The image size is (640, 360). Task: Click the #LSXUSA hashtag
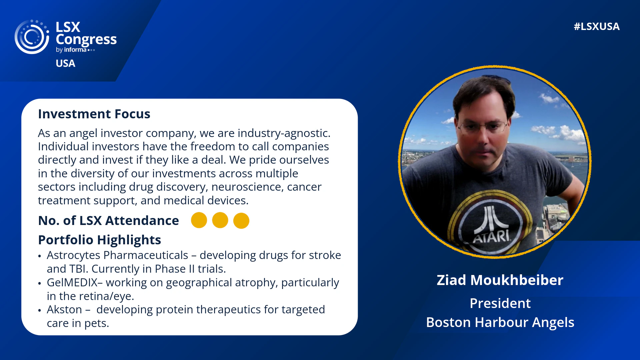pyautogui.click(x=597, y=27)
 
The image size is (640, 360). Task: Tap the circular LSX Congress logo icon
pyautogui.click(x=32, y=37)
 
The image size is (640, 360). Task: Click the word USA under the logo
pyautogui.click(x=65, y=63)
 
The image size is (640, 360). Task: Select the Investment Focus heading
pyautogui.click(x=94, y=114)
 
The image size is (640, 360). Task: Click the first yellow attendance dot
pyautogui.click(x=199, y=220)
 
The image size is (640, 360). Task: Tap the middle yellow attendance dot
pyautogui.click(x=220, y=220)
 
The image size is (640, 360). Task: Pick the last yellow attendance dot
pyautogui.click(x=241, y=221)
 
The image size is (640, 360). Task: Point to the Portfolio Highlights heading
pyautogui.click(x=99, y=240)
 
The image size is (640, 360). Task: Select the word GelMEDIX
pyautogui.click(x=72, y=283)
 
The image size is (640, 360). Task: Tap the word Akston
pyautogui.click(x=64, y=310)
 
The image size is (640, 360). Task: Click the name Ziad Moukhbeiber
pyautogui.click(x=500, y=280)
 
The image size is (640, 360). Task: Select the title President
pyautogui.click(x=500, y=303)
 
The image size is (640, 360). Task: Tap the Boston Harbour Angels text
pyautogui.click(x=500, y=323)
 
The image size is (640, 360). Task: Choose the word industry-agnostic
pyautogui.click(x=284, y=133)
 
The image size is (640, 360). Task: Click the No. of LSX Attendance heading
pyautogui.click(x=108, y=221)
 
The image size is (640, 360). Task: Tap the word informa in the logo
pyautogui.click(x=75, y=50)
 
